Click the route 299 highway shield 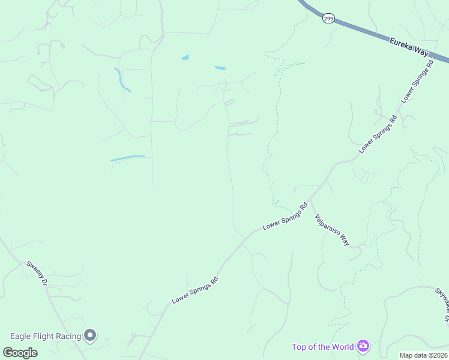point(328,19)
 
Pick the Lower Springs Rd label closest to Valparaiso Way point(285,218)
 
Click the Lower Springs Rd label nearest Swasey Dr point(194,289)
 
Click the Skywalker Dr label point(442,304)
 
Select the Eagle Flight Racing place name point(46,336)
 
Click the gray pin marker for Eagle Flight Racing point(91,335)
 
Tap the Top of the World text point(323,347)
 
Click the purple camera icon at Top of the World point(363,346)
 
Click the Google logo point(20,352)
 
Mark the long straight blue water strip point(127,158)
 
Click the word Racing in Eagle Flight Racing point(67,336)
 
